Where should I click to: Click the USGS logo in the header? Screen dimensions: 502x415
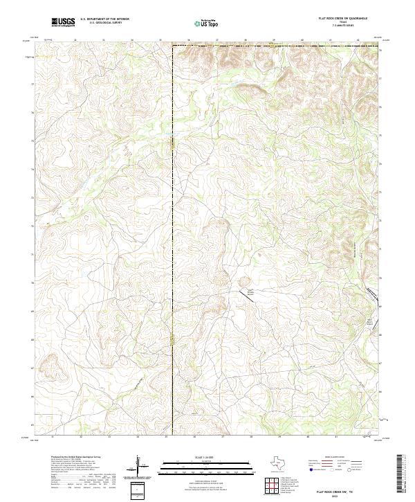tap(63, 22)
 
